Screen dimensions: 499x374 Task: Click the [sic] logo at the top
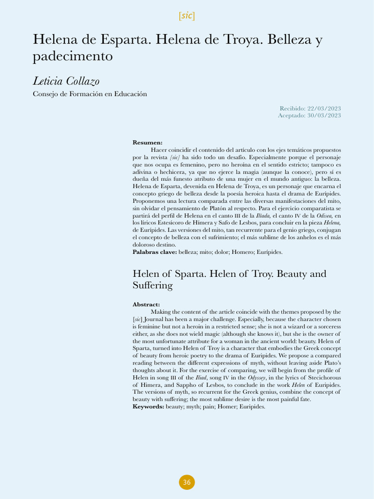click(187, 16)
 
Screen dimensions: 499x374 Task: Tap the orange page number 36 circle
click(187, 482)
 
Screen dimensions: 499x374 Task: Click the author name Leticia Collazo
click(66, 81)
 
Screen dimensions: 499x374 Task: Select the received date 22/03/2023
click(324, 108)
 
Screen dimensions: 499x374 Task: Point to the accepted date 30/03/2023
click(324, 115)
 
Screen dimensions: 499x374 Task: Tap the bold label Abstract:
click(146, 305)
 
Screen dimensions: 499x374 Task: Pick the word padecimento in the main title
click(73, 57)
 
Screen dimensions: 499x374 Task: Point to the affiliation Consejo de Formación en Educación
click(90, 94)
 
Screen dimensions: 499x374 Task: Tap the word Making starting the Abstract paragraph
click(161, 311)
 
